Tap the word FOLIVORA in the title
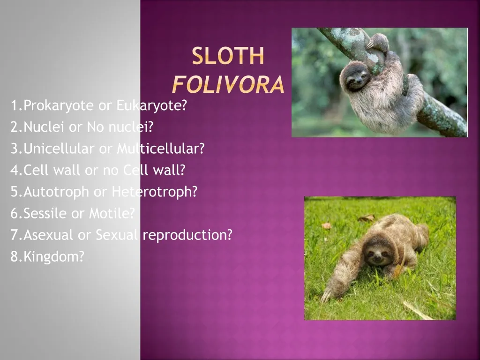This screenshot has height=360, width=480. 228,85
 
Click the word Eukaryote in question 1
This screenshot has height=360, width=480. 151,106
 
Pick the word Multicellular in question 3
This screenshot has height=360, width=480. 160,149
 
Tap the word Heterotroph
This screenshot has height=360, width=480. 154,192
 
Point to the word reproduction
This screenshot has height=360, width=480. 187,235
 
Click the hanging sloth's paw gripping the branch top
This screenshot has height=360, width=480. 378,42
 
